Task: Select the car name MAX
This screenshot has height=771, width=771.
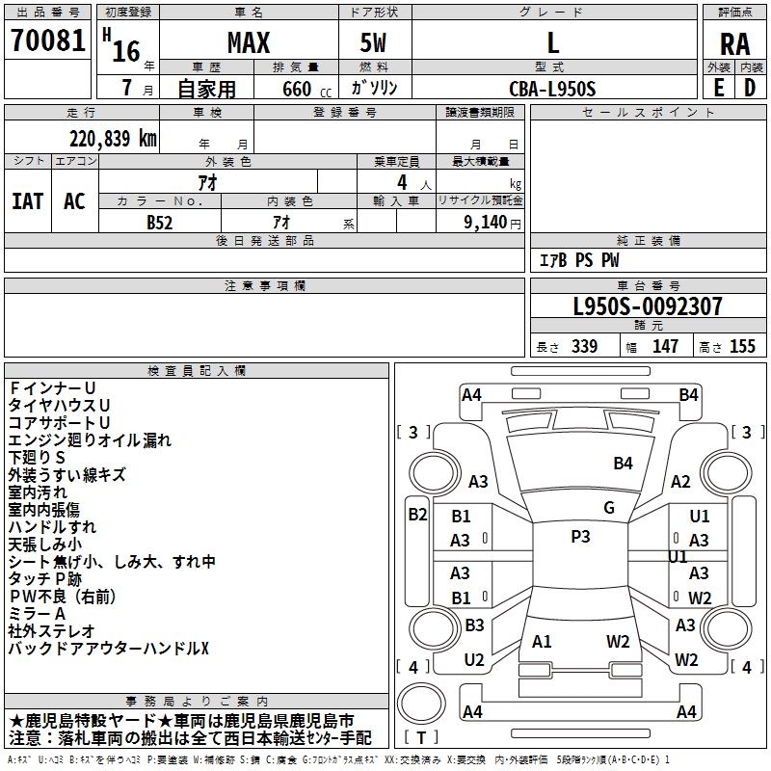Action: tap(248, 43)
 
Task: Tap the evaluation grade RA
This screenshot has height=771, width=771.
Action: tap(734, 44)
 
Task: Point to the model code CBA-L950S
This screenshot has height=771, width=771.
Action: tap(553, 90)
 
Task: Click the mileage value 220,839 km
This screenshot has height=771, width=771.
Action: tap(112, 139)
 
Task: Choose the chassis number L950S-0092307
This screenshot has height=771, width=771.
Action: tap(647, 307)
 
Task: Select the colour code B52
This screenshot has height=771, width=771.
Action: tap(160, 221)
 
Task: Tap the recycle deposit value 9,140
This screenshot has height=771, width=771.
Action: tap(491, 221)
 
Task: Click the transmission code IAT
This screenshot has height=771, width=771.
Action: tap(27, 200)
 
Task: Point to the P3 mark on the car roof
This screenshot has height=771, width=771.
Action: tap(580, 537)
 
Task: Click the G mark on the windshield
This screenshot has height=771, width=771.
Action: tap(608, 508)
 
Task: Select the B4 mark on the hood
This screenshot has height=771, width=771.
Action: tap(623, 464)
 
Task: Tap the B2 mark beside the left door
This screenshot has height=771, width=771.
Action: tap(417, 515)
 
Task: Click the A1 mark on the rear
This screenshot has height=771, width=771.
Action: tap(542, 641)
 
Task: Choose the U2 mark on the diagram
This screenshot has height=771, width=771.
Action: tap(473, 660)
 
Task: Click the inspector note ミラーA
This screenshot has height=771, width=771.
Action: tap(37, 614)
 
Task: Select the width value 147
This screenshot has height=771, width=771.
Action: tap(665, 347)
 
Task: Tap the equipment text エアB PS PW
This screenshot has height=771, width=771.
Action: tap(578, 260)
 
